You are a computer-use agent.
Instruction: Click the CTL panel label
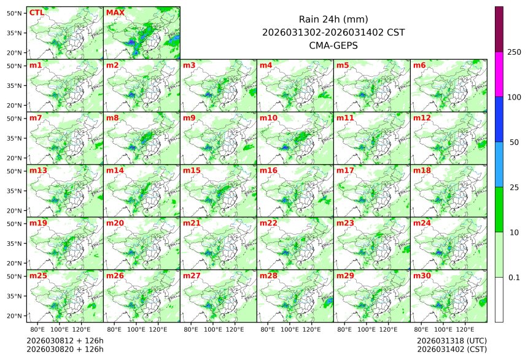(x=36, y=12)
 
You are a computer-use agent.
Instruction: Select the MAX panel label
(x=115, y=12)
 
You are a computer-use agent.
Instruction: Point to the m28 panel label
(x=268, y=276)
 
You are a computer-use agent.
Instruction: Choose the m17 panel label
(x=345, y=170)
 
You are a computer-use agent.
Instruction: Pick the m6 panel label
(x=419, y=65)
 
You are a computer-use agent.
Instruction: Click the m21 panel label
(x=192, y=223)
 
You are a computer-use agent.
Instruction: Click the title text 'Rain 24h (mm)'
(x=333, y=19)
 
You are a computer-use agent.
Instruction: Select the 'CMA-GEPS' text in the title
(x=333, y=45)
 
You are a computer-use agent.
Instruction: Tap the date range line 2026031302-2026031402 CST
(x=333, y=32)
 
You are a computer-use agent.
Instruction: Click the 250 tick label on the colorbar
(x=514, y=52)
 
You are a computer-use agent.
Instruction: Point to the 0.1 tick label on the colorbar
(x=514, y=277)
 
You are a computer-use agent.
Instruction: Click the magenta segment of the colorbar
(x=499, y=74)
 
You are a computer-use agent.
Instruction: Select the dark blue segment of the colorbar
(x=499, y=119)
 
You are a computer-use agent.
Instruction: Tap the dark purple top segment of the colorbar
(x=499, y=29)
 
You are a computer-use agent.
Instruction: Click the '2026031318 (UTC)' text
(x=451, y=340)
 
